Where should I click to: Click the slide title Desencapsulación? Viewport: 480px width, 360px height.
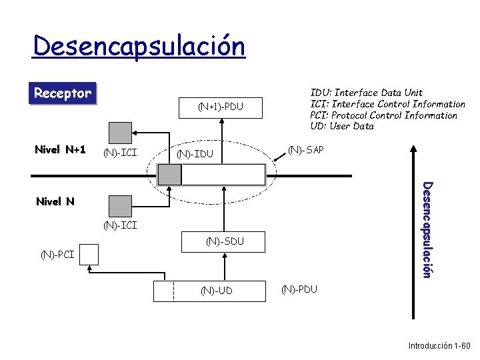[x=139, y=47]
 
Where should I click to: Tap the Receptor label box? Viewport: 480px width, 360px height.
[x=63, y=93]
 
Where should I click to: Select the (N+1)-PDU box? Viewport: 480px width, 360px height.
[x=221, y=107]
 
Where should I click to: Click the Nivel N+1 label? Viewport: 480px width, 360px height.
[x=60, y=149]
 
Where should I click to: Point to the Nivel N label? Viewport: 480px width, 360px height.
[x=55, y=201]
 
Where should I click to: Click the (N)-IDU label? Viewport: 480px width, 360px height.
[x=195, y=155]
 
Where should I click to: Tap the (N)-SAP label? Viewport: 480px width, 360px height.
[x=305, y=150]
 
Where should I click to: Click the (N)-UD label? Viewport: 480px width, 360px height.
[x=217, y=290]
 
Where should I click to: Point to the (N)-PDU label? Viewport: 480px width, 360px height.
[x=299, y=289]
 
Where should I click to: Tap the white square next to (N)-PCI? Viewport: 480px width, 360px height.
[x=87, y=255]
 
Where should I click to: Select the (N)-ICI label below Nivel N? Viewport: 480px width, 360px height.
[x=121, y=225]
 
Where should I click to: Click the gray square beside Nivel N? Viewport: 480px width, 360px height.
[x=121, y=204]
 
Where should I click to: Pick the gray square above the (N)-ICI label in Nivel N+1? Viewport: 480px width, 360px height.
[x=121, y=131]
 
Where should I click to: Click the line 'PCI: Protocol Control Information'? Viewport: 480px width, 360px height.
[x=384, y=115]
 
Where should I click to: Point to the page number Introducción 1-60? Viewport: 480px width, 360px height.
[x=439, y=346]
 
